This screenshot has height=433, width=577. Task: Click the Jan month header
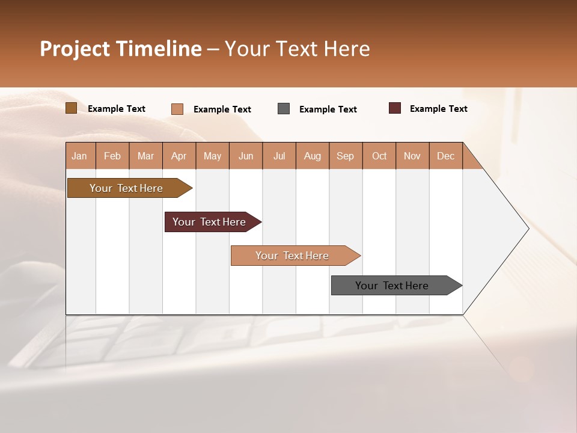[x=79, y=156]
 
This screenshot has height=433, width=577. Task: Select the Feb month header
[x=112, y=156]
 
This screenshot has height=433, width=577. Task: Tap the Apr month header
[x=179, y=156]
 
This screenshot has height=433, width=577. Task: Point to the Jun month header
[x=246, y=156]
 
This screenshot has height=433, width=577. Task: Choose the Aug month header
[x=312, y=156]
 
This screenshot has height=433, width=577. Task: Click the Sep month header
[x=345, y=156]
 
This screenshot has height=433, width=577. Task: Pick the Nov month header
[x=412, y=156]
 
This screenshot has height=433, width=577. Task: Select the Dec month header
[x=445, y=156]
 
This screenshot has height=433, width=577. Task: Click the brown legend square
[x=71, y=108]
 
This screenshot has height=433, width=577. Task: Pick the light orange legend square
[x=177, y=109]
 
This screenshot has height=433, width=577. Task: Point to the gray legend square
[x=284, y=109]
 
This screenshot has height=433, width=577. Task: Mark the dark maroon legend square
[x=394, y=108]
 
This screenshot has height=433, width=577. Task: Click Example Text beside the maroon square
[x=438, y=109]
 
